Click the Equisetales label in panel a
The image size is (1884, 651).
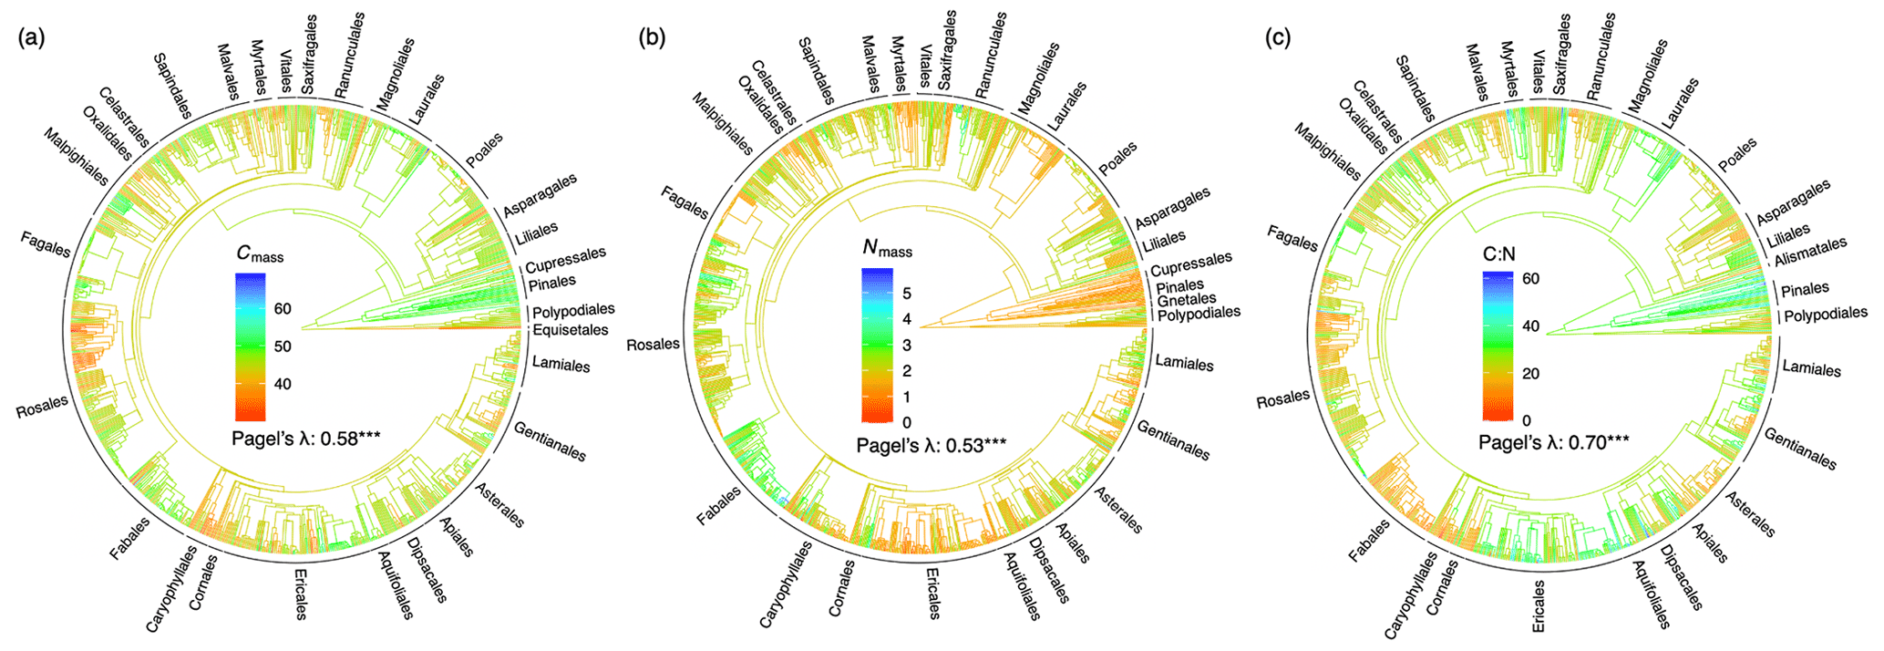tap(570, 330)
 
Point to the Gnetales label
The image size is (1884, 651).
tap(1186, 299)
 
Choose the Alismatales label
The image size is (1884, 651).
tap(1810, 252)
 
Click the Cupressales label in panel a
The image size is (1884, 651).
tap(565, 261)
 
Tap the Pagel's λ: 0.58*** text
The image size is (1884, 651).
tap(305, 438)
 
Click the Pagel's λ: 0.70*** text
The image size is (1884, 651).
tap(1553, 443)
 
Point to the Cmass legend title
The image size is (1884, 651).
tap(259, 254)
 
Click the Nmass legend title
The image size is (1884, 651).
tap(886, 247)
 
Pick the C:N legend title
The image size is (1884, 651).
tap(1499, 255)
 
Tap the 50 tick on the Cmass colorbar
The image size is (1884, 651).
tap(283, 346)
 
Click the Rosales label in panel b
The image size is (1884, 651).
tap(653, 345)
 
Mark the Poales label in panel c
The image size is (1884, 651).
tap(1736, 156)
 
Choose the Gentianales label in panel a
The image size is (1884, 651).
tap(550, 441)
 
